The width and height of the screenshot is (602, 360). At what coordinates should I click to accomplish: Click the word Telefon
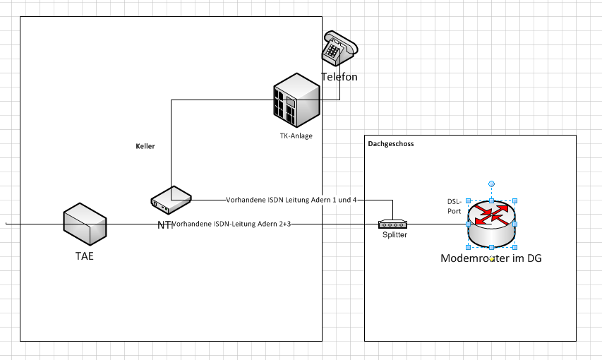[339, 76]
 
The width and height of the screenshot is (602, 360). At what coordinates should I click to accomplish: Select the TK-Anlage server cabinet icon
[296, 100]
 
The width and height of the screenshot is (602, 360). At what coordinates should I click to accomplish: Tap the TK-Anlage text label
[296, 136]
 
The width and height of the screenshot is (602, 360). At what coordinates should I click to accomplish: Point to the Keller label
[145, 146]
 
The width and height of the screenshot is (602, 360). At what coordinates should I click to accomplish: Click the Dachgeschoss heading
[391, 143]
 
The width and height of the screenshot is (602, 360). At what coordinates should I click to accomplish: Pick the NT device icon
[171, 200]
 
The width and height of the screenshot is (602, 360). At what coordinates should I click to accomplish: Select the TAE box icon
[85, 224]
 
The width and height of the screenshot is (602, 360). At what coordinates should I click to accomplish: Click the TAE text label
[85, 256]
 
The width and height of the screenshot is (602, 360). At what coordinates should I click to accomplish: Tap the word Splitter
[395, 235]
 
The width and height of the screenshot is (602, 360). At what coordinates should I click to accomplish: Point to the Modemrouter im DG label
[491, 258]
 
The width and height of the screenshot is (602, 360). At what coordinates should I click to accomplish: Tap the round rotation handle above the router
[492, 184]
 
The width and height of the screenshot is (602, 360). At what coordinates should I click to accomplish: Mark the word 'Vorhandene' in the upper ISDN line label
[245, 200]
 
